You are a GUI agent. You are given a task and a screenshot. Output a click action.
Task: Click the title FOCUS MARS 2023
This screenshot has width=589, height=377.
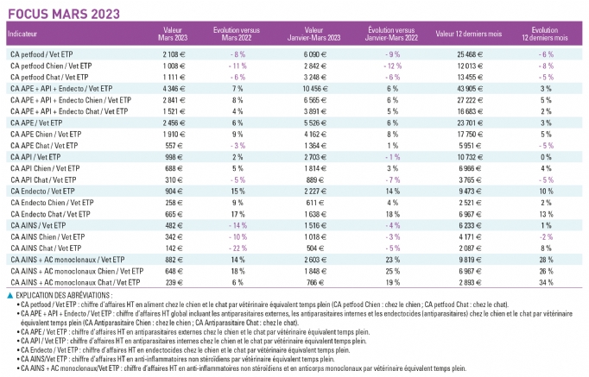coord(64,14)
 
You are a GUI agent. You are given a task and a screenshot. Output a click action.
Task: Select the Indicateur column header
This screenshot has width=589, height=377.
coord(22,34)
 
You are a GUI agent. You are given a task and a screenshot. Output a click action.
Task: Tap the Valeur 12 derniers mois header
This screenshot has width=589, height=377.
coord(469,34)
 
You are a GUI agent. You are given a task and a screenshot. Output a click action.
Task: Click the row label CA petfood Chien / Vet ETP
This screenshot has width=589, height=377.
coord(51,66)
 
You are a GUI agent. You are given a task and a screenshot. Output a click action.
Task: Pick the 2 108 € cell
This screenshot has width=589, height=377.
coord(174,54)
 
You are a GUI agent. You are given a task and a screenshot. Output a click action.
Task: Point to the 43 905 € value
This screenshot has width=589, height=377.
coord(470,89)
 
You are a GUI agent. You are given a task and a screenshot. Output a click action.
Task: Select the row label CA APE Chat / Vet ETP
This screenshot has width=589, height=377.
coord(44,146)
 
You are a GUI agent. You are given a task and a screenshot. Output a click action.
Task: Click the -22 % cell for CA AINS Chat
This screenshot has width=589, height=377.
coord(237,248)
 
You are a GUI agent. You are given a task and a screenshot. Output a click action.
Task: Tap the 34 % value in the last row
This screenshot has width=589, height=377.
coord(546,282)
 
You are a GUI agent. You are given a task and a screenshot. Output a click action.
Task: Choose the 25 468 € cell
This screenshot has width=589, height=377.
coord(470,54)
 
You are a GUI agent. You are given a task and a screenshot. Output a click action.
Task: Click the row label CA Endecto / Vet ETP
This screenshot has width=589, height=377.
coord(42,192)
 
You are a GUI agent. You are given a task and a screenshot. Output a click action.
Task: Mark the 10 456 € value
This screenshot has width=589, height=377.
coord(315,89)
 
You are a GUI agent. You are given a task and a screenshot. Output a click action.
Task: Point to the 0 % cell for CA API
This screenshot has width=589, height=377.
coord(546,157)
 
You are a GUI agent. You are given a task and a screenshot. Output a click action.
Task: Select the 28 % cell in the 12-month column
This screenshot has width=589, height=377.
coord(546,260)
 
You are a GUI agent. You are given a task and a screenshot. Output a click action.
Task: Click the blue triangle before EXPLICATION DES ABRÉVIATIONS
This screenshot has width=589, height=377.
coord(10,296)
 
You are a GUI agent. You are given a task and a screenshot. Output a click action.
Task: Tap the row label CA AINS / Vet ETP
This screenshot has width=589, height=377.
coord(38,225)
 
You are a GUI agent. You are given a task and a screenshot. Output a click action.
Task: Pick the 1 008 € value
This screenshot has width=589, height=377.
coord(174,66)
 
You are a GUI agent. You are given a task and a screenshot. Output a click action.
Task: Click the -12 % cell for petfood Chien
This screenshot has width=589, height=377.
coord(393,66)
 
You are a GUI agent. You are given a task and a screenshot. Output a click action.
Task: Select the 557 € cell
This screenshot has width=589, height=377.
coord(174,146)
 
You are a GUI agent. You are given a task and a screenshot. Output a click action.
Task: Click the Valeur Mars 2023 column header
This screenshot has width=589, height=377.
coord(173,34)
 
